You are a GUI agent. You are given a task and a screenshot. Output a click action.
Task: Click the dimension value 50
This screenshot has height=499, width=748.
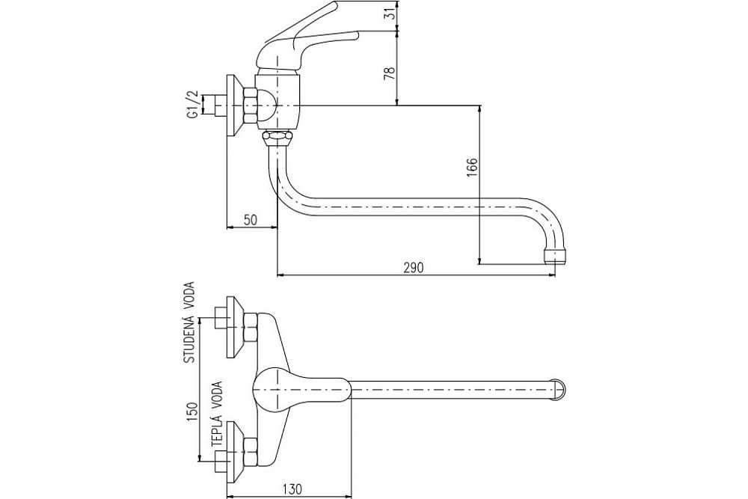point(251,219)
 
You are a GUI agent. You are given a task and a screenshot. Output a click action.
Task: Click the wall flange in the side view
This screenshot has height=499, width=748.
point(233,105)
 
